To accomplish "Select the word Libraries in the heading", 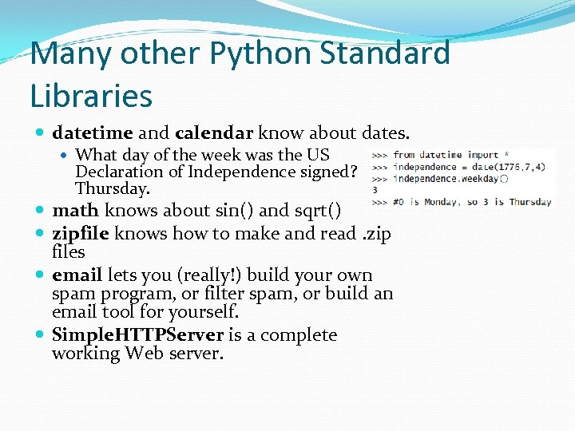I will coord(91,95).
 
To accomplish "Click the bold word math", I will coord(75,211).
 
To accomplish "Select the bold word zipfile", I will coord(81,233).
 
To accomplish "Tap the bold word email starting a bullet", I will coord(77,275).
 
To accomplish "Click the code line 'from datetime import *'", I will coord(446,155).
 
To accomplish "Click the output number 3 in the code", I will coord(375,190).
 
